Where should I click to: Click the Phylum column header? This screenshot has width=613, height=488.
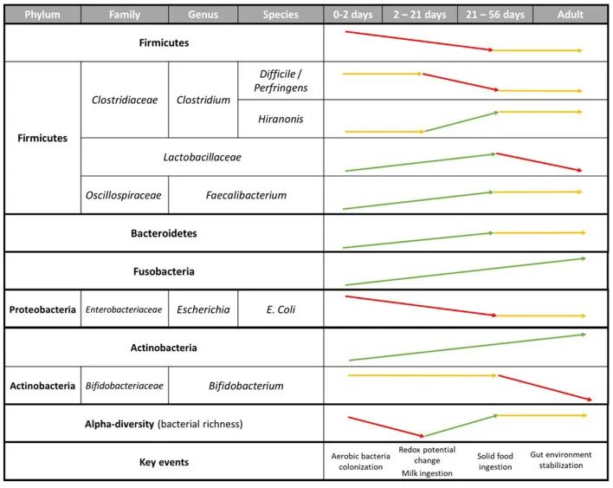tap(42, 15)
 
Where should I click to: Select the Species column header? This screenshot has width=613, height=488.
tap(281, 15)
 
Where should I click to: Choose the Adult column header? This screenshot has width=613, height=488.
tap(571, 15)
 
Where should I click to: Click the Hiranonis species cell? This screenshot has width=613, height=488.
tap(281, 119)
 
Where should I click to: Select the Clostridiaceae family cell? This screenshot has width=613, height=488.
tap(125, 100)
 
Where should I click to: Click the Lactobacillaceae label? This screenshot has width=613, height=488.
tap(202, 157)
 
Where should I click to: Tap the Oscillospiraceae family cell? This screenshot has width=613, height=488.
tap(125, 195)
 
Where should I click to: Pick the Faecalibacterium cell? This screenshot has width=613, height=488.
tap(246, 195)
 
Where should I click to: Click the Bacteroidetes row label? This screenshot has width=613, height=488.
tap(164, 233)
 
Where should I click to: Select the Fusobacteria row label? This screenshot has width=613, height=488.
tap(164, 271)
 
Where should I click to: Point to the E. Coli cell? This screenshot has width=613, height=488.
tap(281, 309)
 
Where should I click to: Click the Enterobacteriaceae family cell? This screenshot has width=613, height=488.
tap(125, 309)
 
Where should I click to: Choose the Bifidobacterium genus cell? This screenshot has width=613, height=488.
tap(246, 386)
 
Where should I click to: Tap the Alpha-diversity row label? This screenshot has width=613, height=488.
tap(164, 424)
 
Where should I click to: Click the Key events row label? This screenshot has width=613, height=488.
tap(164, 462)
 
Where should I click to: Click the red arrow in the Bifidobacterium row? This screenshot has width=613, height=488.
tap(545, 387)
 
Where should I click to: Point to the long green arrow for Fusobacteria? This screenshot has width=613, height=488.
tap(464, 271)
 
